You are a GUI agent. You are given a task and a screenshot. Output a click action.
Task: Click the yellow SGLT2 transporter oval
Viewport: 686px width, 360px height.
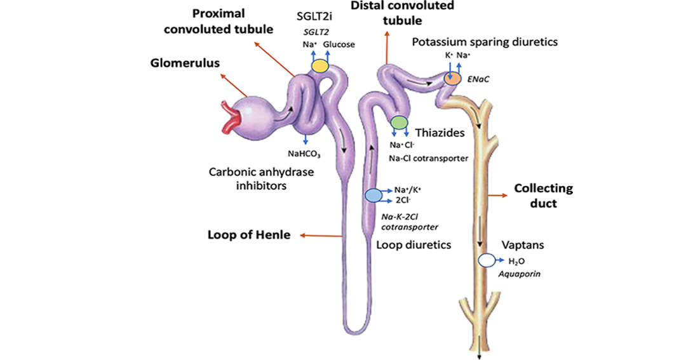pos(319,65)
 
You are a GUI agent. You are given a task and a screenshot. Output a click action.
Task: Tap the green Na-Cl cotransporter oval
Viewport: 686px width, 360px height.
pos(399,122)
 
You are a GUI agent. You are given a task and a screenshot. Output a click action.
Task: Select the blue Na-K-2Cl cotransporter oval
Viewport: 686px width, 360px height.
pos(373,195)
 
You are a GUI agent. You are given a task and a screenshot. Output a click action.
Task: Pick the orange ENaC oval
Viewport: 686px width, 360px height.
pos(452,78)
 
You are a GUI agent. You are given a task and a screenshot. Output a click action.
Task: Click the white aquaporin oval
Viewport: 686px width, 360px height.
pos(486,260)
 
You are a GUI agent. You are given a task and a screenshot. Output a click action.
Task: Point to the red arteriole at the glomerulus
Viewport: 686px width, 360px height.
pos(229,117)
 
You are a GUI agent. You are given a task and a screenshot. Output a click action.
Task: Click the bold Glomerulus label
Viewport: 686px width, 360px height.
pos(185,63)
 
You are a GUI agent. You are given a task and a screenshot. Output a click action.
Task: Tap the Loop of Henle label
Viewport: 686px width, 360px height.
pos(249,235)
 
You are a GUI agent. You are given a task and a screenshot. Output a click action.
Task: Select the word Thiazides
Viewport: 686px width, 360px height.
pos(440,133)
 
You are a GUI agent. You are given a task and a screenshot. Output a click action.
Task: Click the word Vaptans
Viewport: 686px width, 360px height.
pos(523,244)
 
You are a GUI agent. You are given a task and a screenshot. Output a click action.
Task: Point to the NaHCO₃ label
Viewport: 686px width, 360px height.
pos(304,154)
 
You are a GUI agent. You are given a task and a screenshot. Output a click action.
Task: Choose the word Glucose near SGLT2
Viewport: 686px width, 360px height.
pos(339,44)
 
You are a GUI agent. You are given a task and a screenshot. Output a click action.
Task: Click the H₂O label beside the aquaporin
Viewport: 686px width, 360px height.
pos(516,262)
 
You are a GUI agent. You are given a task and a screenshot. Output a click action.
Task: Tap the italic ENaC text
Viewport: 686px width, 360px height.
pos(478,79)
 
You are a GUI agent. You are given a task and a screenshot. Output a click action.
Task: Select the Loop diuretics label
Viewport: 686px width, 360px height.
pos(414,244)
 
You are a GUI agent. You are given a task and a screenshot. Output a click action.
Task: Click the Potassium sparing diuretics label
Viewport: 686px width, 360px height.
pos(485,42)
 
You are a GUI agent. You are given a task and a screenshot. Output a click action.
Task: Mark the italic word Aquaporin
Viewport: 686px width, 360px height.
pos(520,274)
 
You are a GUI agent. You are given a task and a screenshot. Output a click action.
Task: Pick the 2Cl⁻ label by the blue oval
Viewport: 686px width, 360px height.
pos(403,201)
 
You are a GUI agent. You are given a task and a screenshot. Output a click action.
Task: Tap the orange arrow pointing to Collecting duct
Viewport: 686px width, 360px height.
pos(497,196)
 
